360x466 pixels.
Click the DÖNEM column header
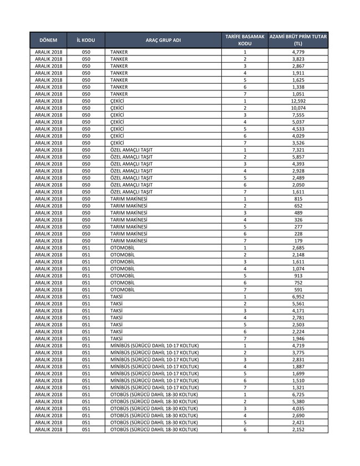pos(48,40)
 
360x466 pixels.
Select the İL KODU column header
pos(85,40)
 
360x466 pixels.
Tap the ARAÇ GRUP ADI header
pos(163,40)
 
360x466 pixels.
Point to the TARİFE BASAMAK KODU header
pos(245,40)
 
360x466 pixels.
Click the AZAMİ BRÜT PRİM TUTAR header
pos(298,40)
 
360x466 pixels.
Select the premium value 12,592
pos(298,101)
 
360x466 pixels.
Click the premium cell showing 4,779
pos(298,52)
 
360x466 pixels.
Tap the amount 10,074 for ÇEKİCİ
pos(298,108)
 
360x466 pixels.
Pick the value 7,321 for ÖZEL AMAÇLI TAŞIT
pos(298,150)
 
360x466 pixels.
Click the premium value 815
pos(298,199)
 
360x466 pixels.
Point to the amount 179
pos(298,241)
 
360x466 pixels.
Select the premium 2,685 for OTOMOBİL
pos(298,248)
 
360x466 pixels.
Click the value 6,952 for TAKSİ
pos(298,297)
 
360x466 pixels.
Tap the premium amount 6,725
pos(298,394)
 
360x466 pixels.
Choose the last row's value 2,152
pos(298,429)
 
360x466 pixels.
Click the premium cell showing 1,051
pos(298,94)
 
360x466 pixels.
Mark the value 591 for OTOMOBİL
pos(298,290)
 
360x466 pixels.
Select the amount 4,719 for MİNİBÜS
pos(298,346)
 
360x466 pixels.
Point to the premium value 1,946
pos(298,338)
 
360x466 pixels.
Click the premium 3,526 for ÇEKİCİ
pos(298,143)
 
